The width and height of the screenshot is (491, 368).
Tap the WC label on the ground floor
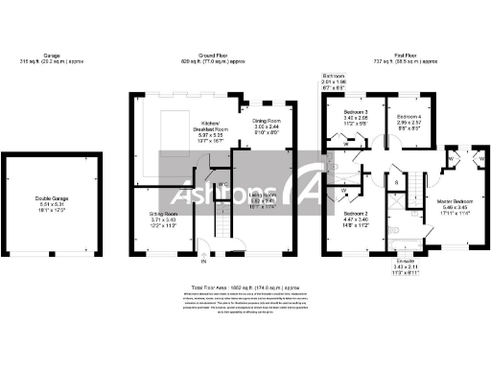pos(222,184)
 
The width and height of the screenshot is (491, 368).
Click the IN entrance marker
pos(203,259)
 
